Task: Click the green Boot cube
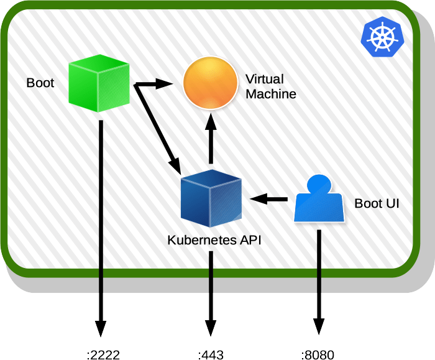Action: coord(98,83)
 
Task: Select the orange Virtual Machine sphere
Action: coord(211,83)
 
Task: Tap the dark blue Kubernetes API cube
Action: coord(211,198)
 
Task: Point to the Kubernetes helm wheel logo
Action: coord(382,37)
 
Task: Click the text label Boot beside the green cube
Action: coord(40,83)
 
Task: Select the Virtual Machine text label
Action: coord(270,86)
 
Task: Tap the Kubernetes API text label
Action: coord(211,240)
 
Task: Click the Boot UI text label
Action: coord(376,203)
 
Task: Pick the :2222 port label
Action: coord(103,355)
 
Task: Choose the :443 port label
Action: coord(211,355)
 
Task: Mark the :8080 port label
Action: coord(318,355)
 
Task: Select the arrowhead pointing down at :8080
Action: coord(319,327)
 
